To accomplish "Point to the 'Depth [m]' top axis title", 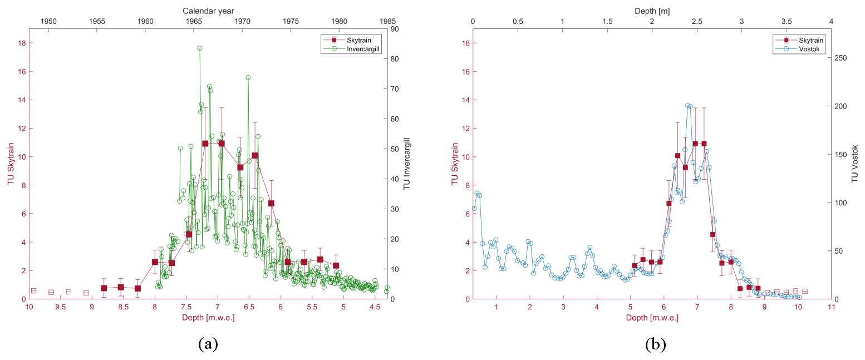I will tap(652, 10).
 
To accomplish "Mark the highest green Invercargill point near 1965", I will tap(199, 48).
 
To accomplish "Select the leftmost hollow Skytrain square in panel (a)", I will tap(33, 290).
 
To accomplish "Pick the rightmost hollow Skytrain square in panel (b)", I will tap(804, 291).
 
